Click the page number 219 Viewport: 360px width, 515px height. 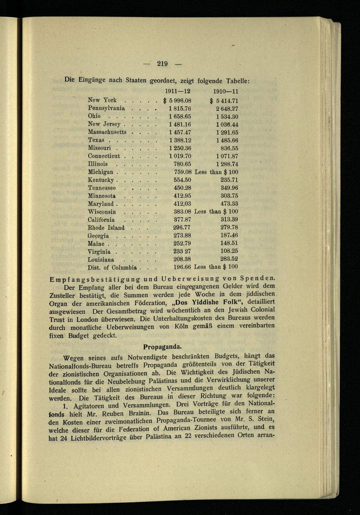click(x=162, y=64)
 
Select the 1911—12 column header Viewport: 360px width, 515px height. click(x=177, y=91)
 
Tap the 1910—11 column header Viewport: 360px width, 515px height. click(x=226, y=92)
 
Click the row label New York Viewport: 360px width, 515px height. click(x=102, y=100)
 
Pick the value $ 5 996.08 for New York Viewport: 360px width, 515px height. click(x=177, y=101)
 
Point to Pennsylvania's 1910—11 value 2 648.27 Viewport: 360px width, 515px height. click(x=227, y=109)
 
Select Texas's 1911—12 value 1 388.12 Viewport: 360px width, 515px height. click(x=180, y=140)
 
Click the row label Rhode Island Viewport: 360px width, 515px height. click(x=106, y=227)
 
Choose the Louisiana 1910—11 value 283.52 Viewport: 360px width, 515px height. click(x=229, y=259)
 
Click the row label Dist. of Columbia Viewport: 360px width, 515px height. click(x=112, y=267)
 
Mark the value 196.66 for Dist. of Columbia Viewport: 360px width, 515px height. click(x=182, y=267)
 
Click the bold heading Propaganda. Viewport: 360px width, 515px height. click(x=162, y=347)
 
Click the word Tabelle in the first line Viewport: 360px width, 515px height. click(x=238, y=81)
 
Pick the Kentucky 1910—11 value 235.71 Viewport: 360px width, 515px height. click(x=229, y=180)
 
